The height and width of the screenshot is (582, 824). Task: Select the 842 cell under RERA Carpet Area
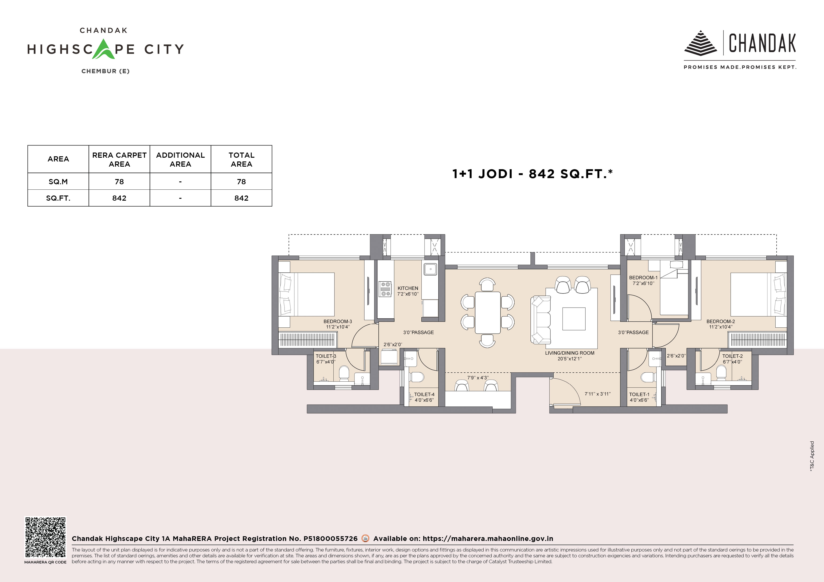pos(119,198)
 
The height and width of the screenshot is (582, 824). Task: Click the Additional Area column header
pos(180,159)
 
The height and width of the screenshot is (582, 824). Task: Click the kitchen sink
pos(430,269)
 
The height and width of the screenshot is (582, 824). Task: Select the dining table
pos(487,312)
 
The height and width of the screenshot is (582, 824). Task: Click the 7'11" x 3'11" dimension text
pos(598,394)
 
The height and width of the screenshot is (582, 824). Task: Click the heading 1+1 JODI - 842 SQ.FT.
pos(532,174)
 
